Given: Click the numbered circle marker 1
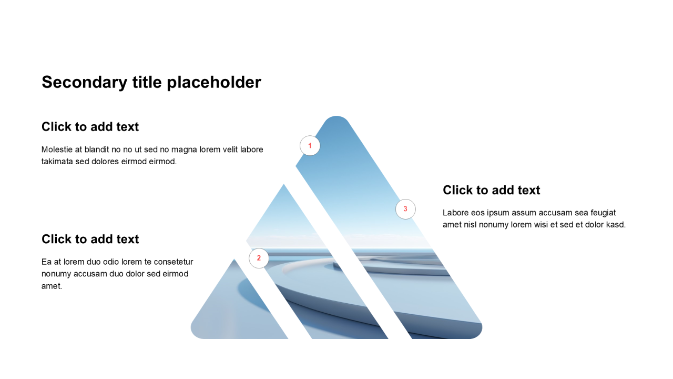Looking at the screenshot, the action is (310, 146).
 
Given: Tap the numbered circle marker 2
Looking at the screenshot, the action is (259, 258).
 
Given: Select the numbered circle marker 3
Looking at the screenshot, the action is (405, 209).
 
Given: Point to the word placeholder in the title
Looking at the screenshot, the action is (214, 83).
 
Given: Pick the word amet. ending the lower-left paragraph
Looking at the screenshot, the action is (52, 286).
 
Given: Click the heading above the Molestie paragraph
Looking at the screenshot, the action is (90, 127).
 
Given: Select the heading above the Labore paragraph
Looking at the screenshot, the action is (491, 190).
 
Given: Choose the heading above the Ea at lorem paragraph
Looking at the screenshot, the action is (90, 239).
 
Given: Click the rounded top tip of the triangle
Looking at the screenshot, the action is (336, 117).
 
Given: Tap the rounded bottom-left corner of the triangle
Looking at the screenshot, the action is (195, 334).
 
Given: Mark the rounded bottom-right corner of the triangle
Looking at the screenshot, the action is (478, 334).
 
